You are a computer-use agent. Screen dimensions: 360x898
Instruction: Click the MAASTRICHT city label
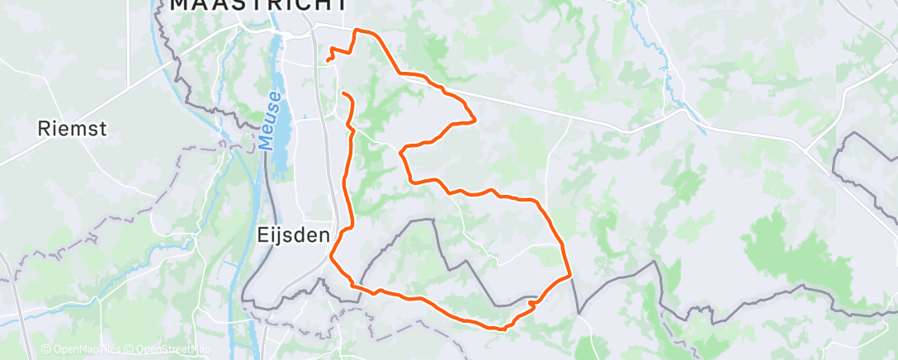(258, 5)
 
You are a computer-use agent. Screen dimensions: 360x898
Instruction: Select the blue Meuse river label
(272, 121)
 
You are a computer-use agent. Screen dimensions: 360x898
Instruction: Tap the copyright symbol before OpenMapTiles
(46, 350)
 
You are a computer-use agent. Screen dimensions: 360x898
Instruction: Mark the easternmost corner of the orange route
(570, 276)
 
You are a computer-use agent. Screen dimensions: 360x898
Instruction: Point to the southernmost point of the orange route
(501, 329)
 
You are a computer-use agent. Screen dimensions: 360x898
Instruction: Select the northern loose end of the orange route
(328, 59)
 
